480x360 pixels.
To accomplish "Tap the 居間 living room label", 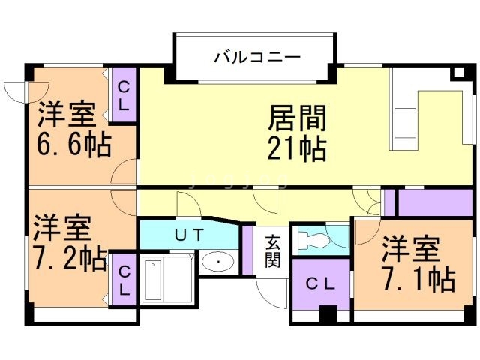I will tap(297, 118).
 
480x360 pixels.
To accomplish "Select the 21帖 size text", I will tap(297, 149).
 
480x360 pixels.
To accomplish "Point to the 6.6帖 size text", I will tap(73, 144).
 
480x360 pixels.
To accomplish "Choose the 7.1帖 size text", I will tap(418, 279).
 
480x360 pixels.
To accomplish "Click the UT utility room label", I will tap(188, 234).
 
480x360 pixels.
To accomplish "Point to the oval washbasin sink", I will tap(218, 262).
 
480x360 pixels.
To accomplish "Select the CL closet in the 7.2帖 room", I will tap(124, 278).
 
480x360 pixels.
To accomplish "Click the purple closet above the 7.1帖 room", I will tap(429, 202).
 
